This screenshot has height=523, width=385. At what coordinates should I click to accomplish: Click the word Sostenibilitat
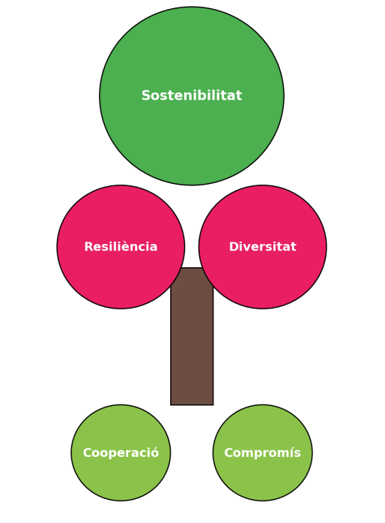pos(192,95)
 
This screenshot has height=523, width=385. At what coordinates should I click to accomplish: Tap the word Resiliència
pos(121,246)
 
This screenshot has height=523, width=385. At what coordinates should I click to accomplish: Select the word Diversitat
pos(262,246)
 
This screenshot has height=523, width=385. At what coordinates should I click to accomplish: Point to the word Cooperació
pos(121,452)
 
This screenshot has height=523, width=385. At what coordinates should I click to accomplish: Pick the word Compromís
pos(262,452)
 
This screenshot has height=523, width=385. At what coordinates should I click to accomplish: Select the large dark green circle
pos(192,96)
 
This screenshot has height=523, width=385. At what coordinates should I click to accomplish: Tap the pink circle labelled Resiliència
pos(121,247)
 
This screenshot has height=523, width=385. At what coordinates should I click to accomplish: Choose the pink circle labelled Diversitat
pos(262,247)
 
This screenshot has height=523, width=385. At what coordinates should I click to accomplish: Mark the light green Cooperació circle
pos(121,452)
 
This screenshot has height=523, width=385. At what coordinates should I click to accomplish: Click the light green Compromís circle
pos(262,452)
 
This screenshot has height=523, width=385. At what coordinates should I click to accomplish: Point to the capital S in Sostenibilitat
pos(146,95)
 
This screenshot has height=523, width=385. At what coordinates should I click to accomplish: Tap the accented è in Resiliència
pos(128,246)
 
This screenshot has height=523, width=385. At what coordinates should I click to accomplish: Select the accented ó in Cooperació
pos(154,452)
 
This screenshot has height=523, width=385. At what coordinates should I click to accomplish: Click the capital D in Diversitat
pos(234,246)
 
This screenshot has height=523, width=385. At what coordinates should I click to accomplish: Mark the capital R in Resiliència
pos(89,246)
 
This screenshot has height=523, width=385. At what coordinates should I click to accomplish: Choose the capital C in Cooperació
pos(87,452)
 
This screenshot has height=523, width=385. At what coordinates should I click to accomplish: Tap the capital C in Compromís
pos(228,452)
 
